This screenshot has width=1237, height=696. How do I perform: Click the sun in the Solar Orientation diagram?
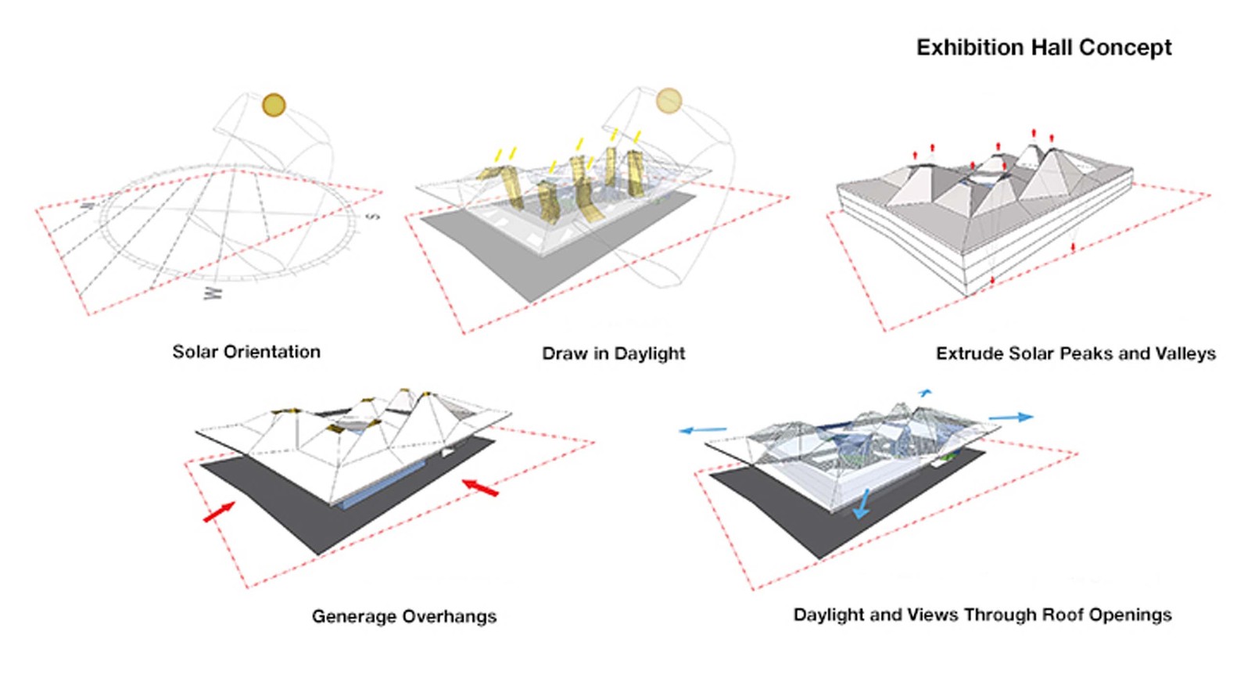[274, 105]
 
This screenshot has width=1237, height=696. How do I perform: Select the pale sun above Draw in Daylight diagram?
[669, 100]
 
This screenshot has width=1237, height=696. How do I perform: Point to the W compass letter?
[213, 293]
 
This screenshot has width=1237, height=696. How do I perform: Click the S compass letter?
[373, 215]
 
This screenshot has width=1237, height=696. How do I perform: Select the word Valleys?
[1189, 353]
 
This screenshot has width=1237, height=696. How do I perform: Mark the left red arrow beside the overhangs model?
[220, 512]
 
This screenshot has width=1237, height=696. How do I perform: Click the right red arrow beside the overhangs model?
[479, 487]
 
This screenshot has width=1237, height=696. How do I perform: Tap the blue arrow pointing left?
[702, 429]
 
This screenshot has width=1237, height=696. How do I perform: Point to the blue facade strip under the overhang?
[383, 485]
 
